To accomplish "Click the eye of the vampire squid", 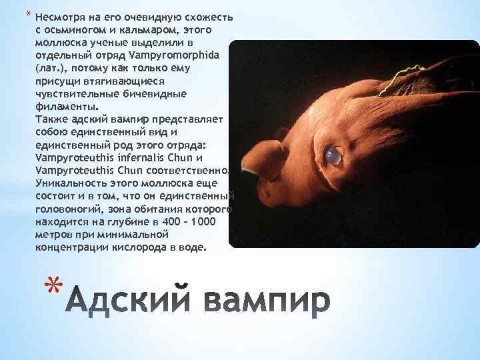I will pyautogui.click(x=333, y=155).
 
